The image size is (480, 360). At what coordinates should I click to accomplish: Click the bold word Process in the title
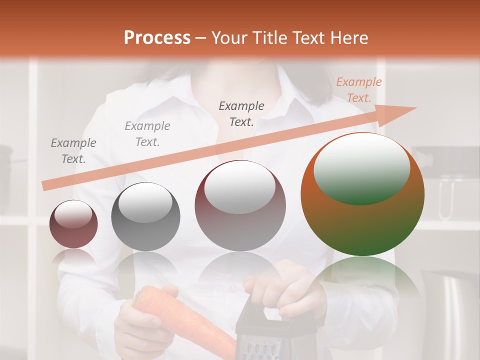tap(157, 38)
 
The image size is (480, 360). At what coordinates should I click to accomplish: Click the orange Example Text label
tap(358, 90)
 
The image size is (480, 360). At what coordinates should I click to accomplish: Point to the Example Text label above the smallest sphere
tap(73, 150)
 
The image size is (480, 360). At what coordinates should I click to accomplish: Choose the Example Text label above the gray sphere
tap(147, 134)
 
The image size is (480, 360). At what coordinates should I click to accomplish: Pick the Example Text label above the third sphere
tap(241, 113)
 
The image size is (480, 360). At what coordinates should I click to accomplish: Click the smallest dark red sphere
tap(73, 224)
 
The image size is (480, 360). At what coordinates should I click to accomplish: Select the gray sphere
tap(145, 216)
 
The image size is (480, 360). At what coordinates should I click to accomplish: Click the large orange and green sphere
tap(362, 194)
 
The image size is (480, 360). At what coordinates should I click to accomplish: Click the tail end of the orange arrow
tap(46, 185)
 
